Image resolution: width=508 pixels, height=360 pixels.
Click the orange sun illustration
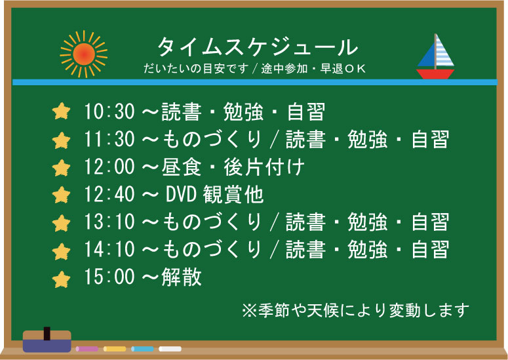84,54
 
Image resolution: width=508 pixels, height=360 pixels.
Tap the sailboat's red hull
435,74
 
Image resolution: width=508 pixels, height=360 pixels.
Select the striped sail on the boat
444,51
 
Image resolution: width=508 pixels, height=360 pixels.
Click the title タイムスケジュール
258,47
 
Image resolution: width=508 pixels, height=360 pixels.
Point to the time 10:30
109,111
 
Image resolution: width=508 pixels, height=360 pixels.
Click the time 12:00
109,167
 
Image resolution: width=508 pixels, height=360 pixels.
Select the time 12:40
109,194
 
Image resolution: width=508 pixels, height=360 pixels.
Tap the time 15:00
109,277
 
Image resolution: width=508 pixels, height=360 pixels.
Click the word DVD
181,194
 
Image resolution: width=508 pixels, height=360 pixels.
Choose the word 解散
182,277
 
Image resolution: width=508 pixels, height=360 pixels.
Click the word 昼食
182,167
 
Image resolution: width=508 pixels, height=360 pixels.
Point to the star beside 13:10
61,223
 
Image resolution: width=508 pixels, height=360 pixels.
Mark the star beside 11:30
61,140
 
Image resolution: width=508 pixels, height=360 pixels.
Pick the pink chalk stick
87,349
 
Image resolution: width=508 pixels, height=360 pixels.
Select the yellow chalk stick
115,349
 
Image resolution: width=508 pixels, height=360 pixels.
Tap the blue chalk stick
142,349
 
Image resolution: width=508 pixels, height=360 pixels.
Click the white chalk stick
170,349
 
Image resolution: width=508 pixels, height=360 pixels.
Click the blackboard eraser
47,341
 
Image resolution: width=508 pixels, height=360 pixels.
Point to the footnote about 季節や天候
356,310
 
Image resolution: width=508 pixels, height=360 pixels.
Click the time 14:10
109,249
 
